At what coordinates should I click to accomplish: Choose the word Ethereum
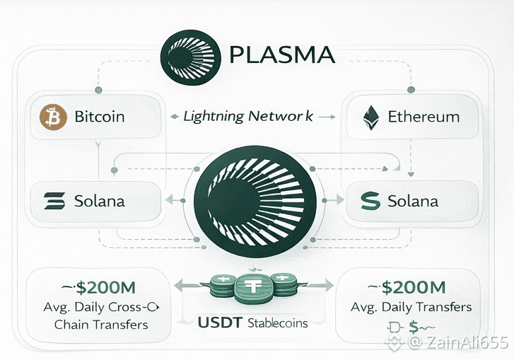pyautogui.click(x=424, y=117)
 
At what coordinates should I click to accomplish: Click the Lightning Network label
pyautogui.click(x=247, y=116)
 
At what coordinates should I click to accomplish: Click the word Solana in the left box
pyautogui.click(x=99, y=201)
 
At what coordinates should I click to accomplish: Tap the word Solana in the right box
pyautogui.click(x=413, y=201)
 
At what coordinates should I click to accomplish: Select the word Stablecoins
pyautogui.click(x=279, y=324)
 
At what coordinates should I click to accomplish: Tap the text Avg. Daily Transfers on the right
pyautogui.click(x=411, y=308)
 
